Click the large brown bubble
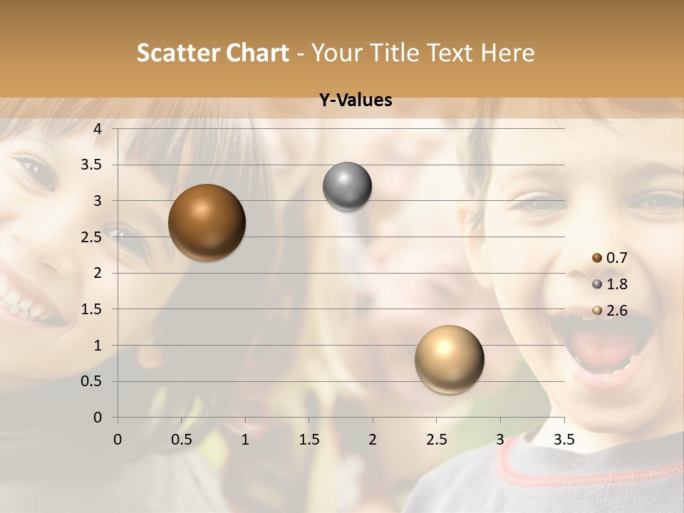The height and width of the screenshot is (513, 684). tap(207, 222)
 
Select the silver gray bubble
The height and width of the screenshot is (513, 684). tap(347, 187)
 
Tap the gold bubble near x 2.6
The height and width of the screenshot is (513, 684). tap(449, 359)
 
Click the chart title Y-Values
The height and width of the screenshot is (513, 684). tap(356, 100)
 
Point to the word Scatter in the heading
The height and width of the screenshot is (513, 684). tap(177, 53)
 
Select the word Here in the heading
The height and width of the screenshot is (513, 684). tap(507, 53)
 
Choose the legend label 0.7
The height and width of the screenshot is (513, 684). tap(616, 258)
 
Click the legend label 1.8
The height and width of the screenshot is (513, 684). tap(616, 284)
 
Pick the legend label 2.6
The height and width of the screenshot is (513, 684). tap(616, 311)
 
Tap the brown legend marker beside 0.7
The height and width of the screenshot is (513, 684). tap(597, 258)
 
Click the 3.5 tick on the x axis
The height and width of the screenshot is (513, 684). tap(564, 440)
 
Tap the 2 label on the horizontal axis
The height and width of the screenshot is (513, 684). tap(373, 440)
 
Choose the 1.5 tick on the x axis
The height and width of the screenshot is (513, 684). tap(309, 440)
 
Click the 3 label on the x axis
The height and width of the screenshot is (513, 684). tap(500, 440)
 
